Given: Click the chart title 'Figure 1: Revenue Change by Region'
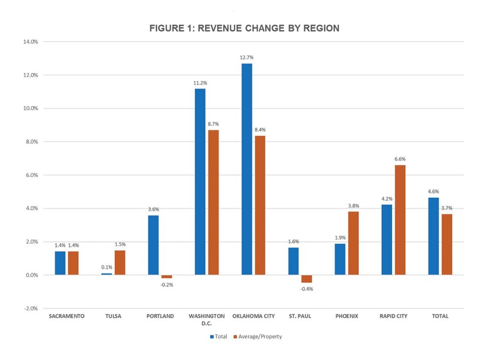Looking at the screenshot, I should pyautogui.click(x=244, y=28).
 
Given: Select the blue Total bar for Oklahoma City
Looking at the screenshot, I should pyautogui.click(x=247, y=169).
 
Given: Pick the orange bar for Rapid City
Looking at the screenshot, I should pyautogui.click(x=400, y=220).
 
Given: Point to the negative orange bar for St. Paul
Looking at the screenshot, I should pyautogui.click(x=306, y=279).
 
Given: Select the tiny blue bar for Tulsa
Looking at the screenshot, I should pyautogui.click(x=106, y=274).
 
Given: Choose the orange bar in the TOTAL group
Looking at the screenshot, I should pyautogui.click(x=446, y=244).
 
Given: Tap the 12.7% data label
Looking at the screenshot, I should pyautogui.click(x=247, y=58).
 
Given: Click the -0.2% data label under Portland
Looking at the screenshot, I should pyautogui.click(x=167, y=284).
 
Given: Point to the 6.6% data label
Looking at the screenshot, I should pyautogui.click(x=400, y=159).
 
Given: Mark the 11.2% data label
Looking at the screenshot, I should pyautogui.click(x=200, y=83).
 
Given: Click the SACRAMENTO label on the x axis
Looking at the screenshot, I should pyautogui.click(x=67, y=316).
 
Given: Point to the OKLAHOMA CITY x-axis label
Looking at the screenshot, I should pyautogui.click(x=253, y=316).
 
